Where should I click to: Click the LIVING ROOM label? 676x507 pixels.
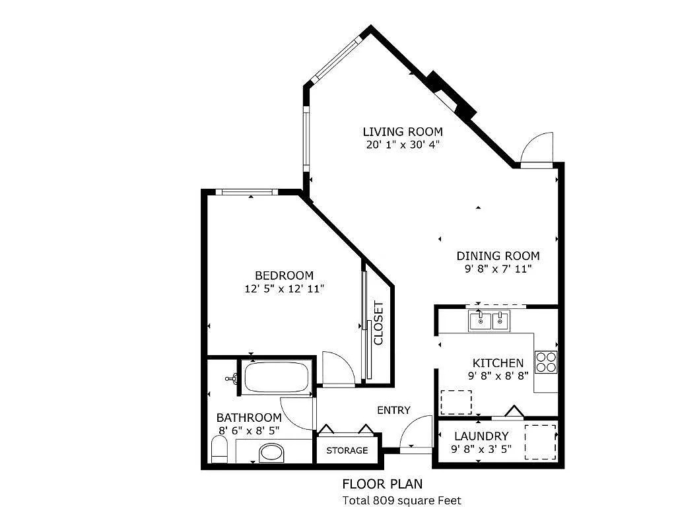click(x=403, y=131)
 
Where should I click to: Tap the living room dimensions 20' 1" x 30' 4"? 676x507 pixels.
click(x=403, y=144)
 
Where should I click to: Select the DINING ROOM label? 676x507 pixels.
click(x=498, y=256)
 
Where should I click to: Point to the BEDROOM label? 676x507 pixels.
click(x=284, y=275)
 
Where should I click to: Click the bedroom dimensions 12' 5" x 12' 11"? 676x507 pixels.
click(x=284, y=288)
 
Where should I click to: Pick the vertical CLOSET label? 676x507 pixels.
click(x=379, y=323)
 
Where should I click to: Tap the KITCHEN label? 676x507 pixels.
click(x=498, y=363)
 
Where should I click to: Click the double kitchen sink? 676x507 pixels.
click(x=489, y=321)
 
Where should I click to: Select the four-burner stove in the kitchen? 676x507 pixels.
click(x=546, y=362)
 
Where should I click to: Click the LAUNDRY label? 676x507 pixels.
click(x=481, y=436)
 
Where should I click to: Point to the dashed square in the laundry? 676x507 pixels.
click(x=540, y=442)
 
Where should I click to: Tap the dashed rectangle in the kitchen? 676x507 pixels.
click(x=456, y=402)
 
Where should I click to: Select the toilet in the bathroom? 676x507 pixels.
click(x=219, y=452)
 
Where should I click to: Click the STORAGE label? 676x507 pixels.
click(x=347, y=450)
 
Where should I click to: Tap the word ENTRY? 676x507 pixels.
click(x=393, y=410)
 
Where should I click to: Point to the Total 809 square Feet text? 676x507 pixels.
click(x=402, y=500)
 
